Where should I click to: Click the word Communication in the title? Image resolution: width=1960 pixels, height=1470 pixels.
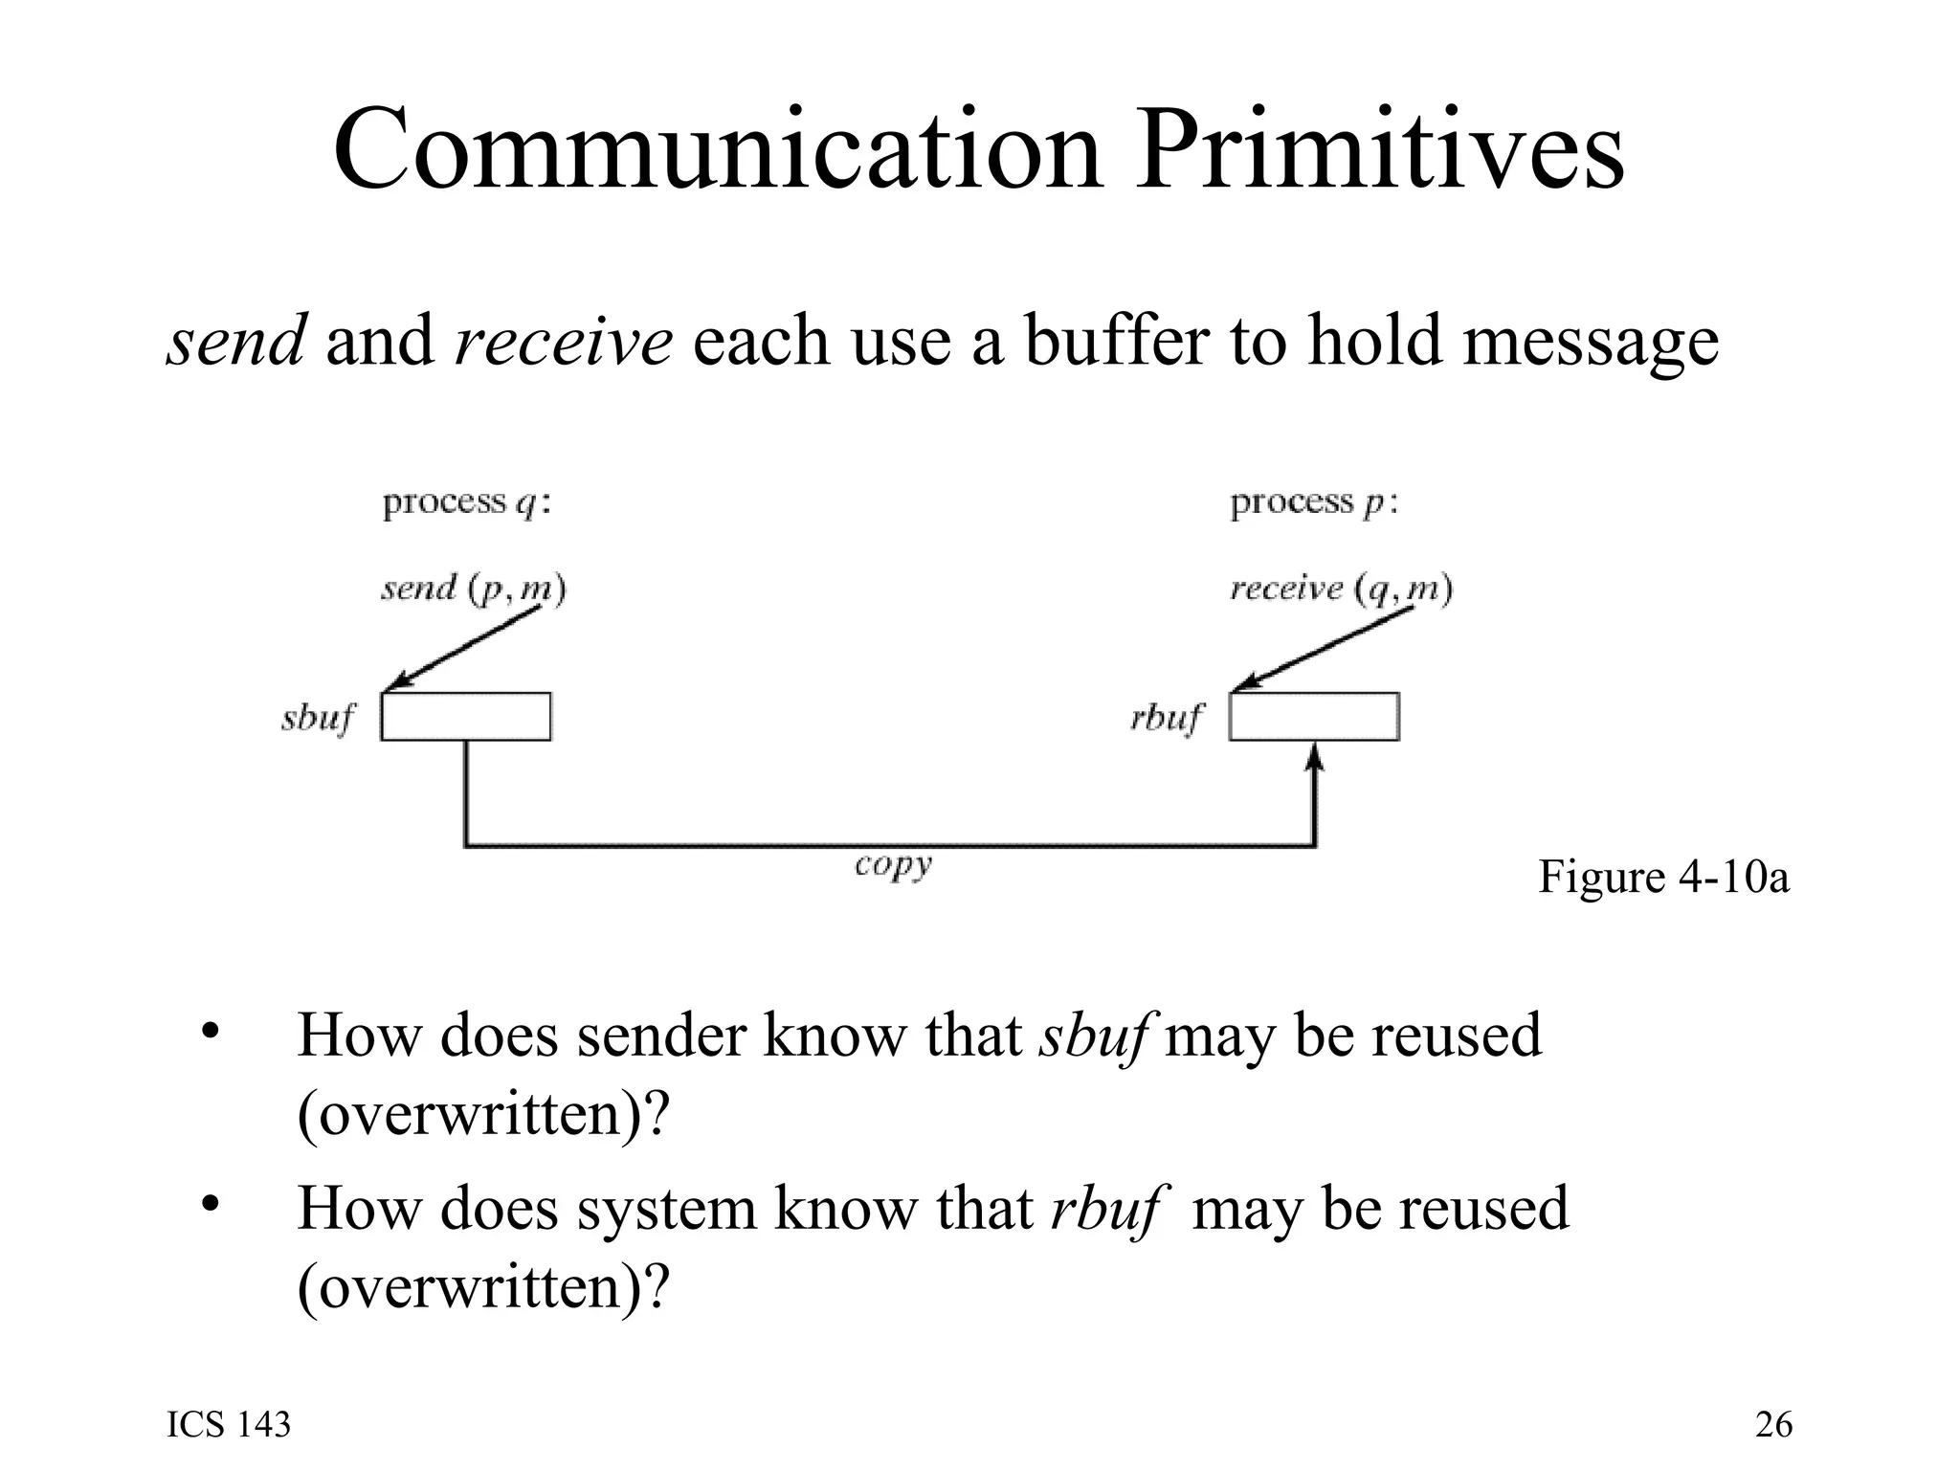tap(718, 151)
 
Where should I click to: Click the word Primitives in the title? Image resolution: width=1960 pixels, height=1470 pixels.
tap(1379, 151)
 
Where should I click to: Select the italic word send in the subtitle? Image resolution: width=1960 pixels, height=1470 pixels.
tap(235, 341)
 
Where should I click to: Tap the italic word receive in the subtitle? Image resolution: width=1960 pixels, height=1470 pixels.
tap(564, 341)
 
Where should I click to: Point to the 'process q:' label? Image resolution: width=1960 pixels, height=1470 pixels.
tap(467, 503)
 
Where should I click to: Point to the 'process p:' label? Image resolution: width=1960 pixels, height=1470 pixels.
tap(1314, 503)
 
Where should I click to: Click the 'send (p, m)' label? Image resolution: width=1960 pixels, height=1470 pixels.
tap(473, 588)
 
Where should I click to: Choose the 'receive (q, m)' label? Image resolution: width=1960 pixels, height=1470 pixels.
tap(1341, 588)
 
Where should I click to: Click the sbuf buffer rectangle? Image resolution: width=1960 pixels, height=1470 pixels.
tap(466, 717)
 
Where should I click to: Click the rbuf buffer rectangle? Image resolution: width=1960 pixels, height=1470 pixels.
tap(1314, 717)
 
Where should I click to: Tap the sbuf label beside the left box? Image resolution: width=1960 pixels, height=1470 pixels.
tap(318, 718)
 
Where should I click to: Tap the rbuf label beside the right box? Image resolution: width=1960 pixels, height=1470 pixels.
tap(1167, 718)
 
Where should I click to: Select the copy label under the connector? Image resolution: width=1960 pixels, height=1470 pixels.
tap(893, 866)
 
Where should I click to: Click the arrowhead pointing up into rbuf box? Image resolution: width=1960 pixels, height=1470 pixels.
tap(1315, 759)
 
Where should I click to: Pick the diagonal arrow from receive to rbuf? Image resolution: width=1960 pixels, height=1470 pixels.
tap(1322, 648)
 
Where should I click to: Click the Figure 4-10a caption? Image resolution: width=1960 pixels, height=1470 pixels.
tap(1663, 877)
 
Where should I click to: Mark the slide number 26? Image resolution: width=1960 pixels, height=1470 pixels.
tap(1773, 1425)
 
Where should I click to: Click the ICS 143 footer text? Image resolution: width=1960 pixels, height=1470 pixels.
tap(229, 1425)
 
